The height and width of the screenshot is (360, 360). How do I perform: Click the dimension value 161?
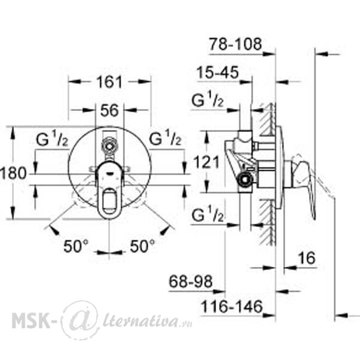click(109, 82)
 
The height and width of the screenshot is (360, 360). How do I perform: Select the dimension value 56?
click(110, 110)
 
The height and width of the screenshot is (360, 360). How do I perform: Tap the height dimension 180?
click(13, 173)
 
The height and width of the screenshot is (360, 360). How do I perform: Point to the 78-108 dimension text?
click(235, 44)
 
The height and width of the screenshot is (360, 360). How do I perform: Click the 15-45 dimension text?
click(218, 73)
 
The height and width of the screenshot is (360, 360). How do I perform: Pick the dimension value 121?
click(206, 162)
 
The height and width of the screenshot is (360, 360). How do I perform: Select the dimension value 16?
click(307, 258)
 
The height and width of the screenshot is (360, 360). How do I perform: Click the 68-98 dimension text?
click(191, 281)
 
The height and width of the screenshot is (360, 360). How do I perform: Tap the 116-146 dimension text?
click(232, 306)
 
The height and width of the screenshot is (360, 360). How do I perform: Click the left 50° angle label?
click(76, 246)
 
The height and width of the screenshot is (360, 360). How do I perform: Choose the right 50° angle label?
click(142, 246)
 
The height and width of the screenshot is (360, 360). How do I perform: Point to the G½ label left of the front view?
click(52, 139)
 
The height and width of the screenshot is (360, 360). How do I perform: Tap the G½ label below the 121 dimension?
click(208, 214)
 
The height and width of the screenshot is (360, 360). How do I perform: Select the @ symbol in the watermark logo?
click(80, 320)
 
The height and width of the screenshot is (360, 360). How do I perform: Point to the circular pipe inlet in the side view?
click(245, 179)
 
